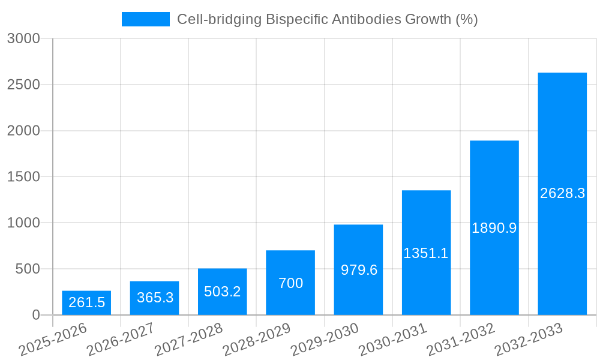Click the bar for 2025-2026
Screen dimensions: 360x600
(x=86, y=303)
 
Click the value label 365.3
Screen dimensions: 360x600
(x=155, y=298)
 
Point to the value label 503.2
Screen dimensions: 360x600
(x=223, y=292)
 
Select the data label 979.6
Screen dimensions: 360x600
(x=359, y=270)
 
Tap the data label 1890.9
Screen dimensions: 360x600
(x=494, y=228)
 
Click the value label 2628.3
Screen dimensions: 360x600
(x=562, y=193)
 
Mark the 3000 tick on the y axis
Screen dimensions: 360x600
(x=23, y=39)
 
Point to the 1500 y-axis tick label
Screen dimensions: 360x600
(x=23, y=177)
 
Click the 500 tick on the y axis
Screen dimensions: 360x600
(x=28, y=269)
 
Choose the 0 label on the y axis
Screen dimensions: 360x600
(x=36, y=315)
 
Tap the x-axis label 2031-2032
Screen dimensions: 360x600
(x=461, y=339)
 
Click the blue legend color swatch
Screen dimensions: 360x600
(x=146, y=19)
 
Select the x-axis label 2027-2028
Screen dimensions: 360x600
(x=189, y=339)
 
